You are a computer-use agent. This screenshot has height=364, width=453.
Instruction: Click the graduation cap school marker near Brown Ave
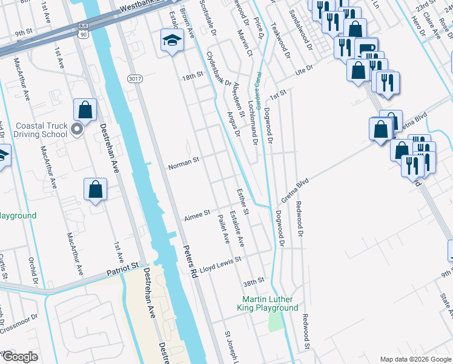[172, 41]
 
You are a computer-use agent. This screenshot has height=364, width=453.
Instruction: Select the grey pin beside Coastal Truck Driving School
[76, 129]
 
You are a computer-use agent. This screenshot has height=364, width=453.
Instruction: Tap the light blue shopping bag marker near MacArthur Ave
[96, 190]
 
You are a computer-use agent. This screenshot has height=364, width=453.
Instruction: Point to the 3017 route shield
[134, 79]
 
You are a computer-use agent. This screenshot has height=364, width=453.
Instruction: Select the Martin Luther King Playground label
[270, 303]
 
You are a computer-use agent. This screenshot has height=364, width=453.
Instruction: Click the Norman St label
[184, 163]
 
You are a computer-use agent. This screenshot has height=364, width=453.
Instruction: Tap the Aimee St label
[197, 214]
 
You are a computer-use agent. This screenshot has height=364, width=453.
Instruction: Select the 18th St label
[192, 78]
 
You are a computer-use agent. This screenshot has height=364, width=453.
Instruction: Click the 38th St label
[254, 281]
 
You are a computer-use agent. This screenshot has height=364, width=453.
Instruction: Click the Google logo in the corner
[20, 357]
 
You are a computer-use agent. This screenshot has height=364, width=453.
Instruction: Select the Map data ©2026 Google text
[415, 359]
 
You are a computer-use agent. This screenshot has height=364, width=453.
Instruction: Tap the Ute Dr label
[303, 71]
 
